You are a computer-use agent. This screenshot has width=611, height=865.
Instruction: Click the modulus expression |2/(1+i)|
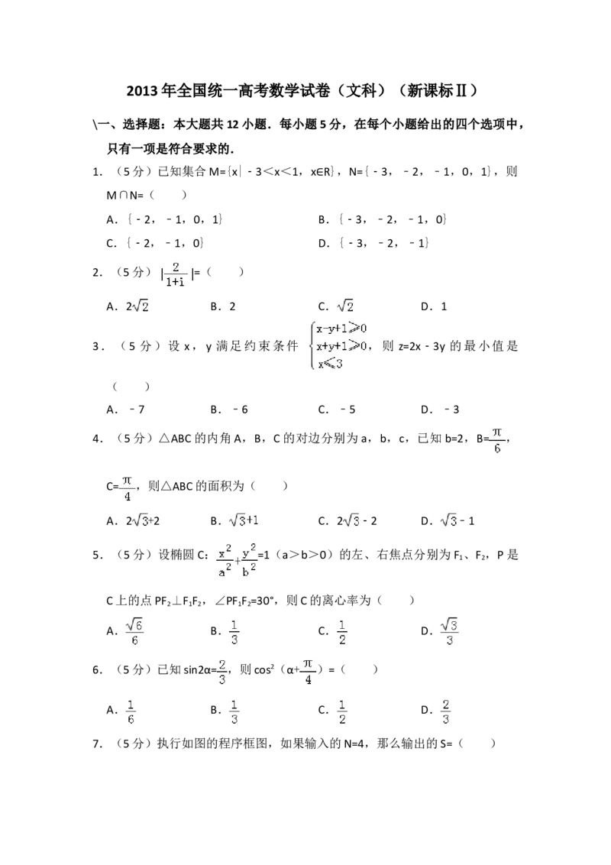(x=175, y=274)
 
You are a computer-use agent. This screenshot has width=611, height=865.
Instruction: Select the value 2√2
(x=141, y=306)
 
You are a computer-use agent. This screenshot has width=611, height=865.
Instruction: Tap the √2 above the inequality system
(x=345, y=306)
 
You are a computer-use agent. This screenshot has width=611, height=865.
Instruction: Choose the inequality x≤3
(x=330, y=364)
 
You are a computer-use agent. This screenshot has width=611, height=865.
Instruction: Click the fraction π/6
(x=496, y=440)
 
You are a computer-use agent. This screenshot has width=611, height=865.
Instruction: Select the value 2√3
(x=141, y=520)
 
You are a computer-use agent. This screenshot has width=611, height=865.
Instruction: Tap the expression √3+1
(x=244, y=520)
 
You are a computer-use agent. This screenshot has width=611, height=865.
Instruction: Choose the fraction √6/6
(x=134, y=630)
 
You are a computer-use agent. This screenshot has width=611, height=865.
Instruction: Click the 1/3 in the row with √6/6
(x=234, y=633)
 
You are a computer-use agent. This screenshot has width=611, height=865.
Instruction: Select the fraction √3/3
(x=451, y=630)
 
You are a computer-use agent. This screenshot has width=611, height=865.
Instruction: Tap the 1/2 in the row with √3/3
(x=341, y=633)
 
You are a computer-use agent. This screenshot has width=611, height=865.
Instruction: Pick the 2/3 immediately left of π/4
(x=222, y=671)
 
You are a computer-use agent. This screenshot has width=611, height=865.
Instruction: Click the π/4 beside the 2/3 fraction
(x=306, y=671)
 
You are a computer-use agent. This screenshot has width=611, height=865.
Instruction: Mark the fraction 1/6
(x=131, y=712)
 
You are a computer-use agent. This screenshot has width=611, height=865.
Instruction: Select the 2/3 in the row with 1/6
(x=446, y=712)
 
